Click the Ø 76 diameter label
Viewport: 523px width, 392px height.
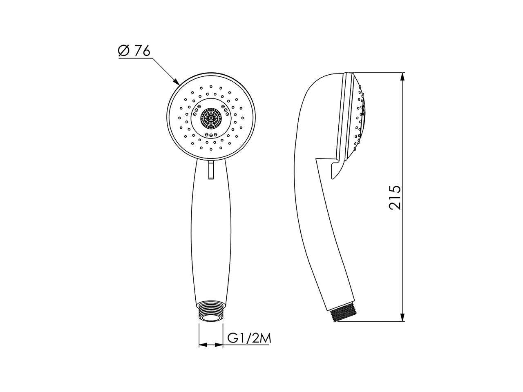coord(134,51)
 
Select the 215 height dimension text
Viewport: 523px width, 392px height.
coord(395,197)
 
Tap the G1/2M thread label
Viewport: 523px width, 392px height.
coord(250,339)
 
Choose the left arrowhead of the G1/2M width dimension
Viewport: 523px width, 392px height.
coord(202,345)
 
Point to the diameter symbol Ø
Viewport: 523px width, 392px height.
coord(123,51)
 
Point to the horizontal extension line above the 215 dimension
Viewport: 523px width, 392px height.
coord(380,73)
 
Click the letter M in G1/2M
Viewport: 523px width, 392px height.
coord(266,339)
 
